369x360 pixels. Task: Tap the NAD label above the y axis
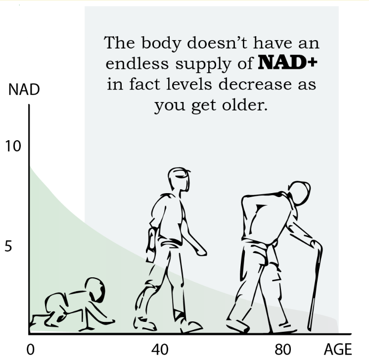point(24,91)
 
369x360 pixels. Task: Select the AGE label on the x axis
point(338,349)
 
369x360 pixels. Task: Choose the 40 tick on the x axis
point(160,350)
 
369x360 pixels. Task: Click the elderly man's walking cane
point(315,282)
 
